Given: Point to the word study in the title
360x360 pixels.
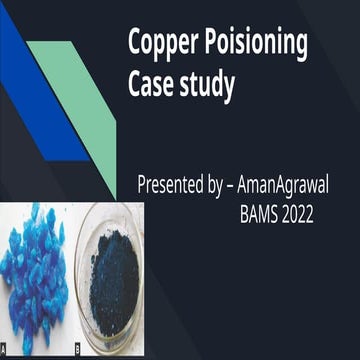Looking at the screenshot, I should pyautogui.click(x=207, y=88).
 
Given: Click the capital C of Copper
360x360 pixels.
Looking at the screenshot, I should pyautogui.click(x=135, y=45).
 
